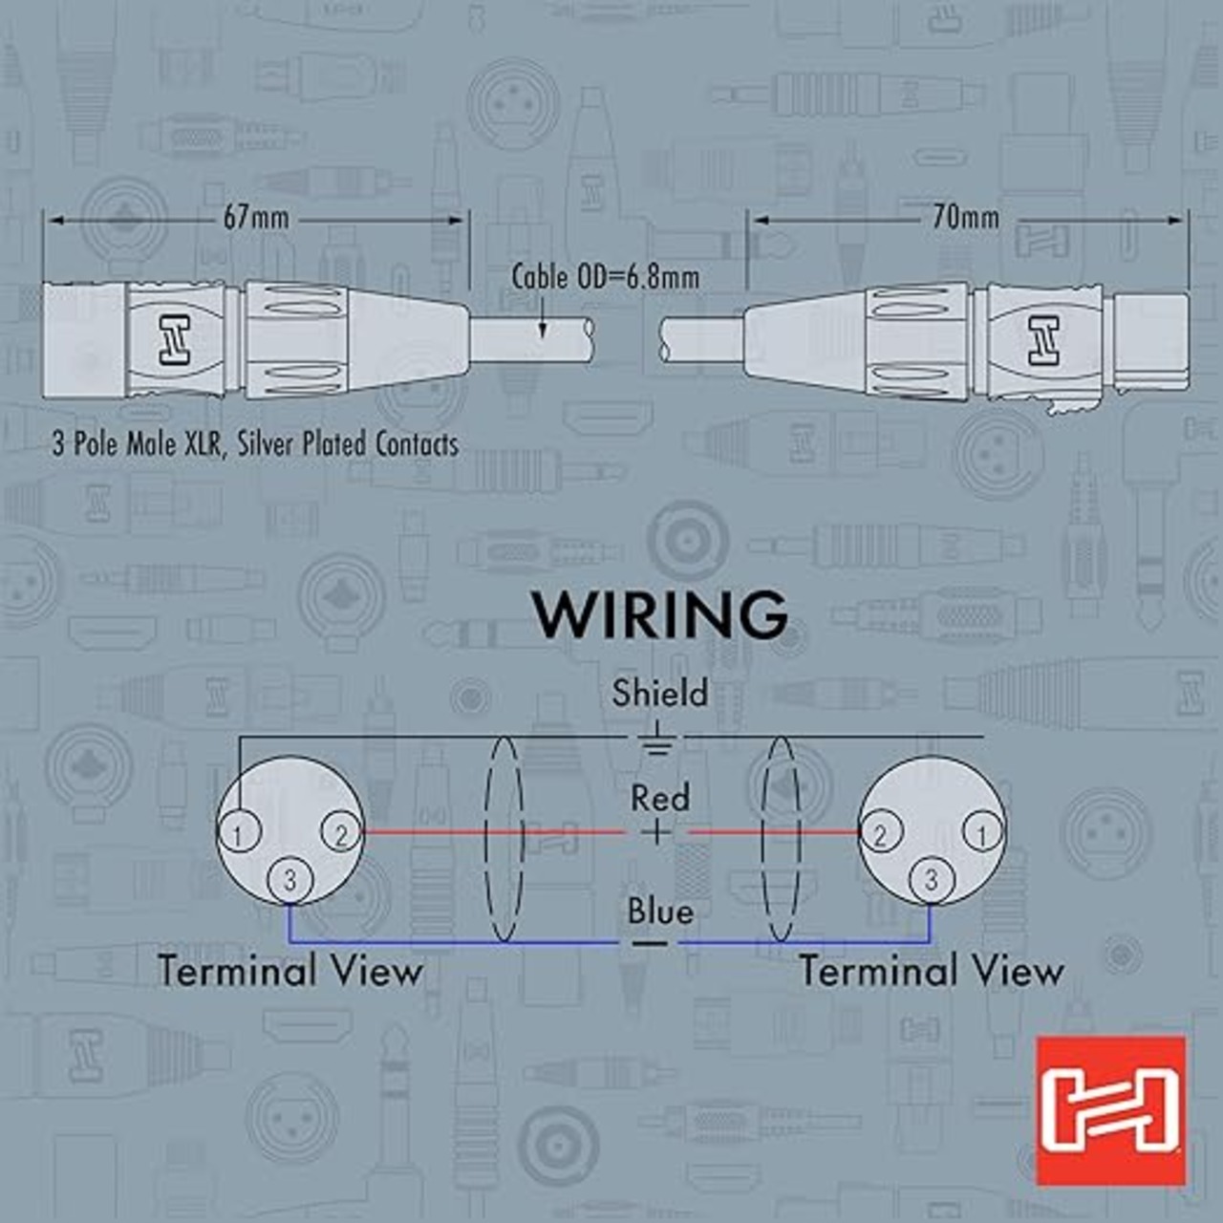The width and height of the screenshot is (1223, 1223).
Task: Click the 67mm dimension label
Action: click(x=255, y=218)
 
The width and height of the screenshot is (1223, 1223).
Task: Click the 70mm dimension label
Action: click(x=965, y=218)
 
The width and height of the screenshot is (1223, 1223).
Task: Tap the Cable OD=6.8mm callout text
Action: click(x=605, y=277)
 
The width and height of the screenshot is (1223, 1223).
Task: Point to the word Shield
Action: click(x=659, y=693)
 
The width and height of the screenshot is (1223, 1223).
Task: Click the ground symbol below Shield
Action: click(x=657, y=741)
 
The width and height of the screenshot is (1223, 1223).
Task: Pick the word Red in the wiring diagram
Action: click(x=659, y=798)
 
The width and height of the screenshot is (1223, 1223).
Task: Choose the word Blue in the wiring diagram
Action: click(x=659, y=912)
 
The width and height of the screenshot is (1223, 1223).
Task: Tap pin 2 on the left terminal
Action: click(x=341, y=834)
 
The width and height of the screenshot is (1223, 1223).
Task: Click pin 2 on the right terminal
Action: click(x=880, y=834)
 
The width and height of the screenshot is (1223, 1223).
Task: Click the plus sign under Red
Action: click(x=655, y=833)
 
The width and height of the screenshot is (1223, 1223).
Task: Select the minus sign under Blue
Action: click(x=651, y=944)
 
